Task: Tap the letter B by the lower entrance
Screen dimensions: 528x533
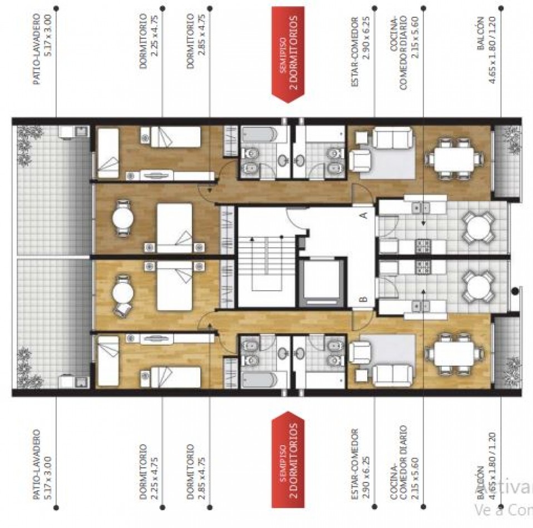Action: coord(363,300)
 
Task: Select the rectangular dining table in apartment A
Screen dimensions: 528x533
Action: coord(454,156)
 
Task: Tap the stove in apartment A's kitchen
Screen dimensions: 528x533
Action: coord(422,245)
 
